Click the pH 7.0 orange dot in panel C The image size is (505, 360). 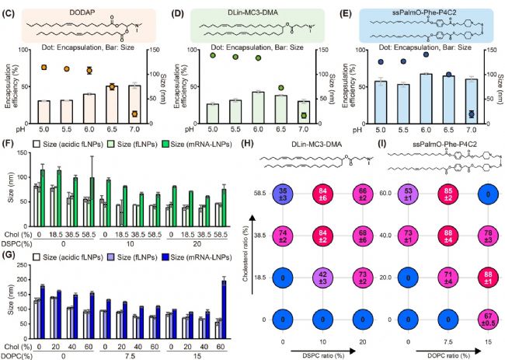[x=134, y=114]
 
